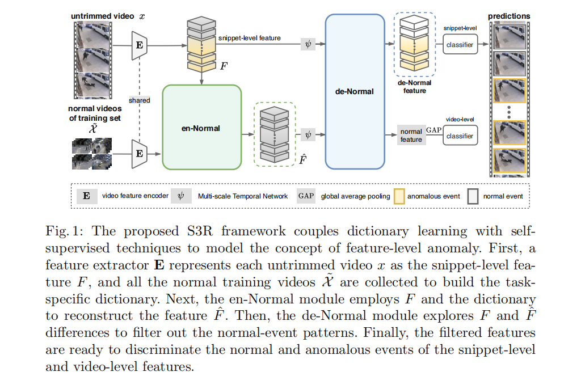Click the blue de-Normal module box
coord(355,91)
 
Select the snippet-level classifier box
coord(460,44)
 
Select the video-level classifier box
coord(460,136)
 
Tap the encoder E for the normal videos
coord(138,153)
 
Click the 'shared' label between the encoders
coord(139,100)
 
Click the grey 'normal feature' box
coord(411,136)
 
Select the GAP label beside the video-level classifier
coord(433,130)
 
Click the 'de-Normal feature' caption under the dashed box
coord(415,86)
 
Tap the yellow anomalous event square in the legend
coord(399,196)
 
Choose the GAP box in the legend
coord(305,196)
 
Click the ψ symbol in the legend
coord(181,196)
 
